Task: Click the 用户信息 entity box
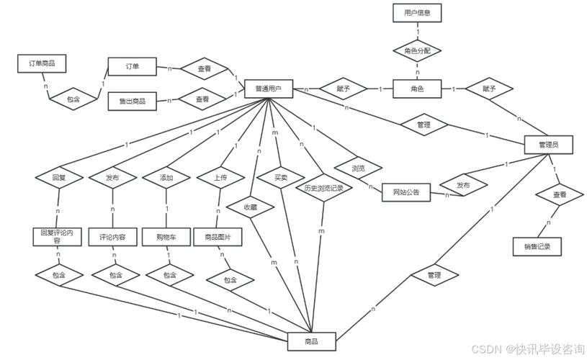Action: click(x=417, y=13)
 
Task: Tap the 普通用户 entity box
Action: click(x=268, y=89)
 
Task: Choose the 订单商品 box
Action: click(x=42, y=64)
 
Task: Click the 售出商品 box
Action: click(x=133, y=102)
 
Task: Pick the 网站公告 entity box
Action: click(x=406, y=192)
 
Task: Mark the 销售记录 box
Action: click(x=537, y=246)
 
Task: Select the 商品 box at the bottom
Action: click(x=311, y=341)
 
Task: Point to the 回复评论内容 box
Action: click(x=57, y=237)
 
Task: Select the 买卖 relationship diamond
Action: click(x=281, y=176)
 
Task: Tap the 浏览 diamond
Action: click(x=358, y=168)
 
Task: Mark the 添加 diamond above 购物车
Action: click(x=167, y=177)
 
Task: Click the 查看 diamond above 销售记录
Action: click(x=559, y=195)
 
